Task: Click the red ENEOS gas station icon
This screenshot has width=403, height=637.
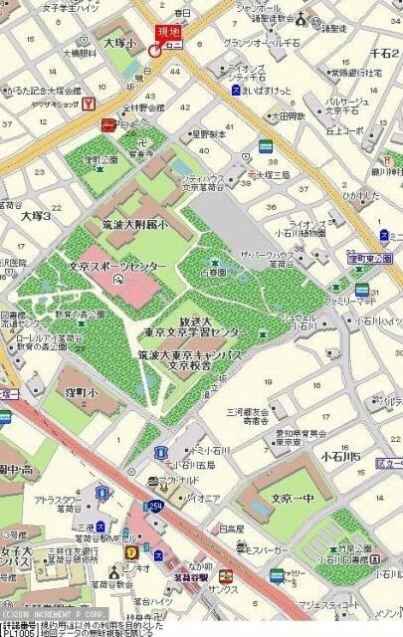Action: tap(106, 125)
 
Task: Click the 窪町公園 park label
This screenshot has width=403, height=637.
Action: tap(101, 159)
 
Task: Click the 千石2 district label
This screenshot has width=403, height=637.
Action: tap(384, 51)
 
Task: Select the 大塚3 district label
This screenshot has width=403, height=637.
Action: tap(36, 215)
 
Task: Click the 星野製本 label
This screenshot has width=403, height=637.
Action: tap(210, 132)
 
